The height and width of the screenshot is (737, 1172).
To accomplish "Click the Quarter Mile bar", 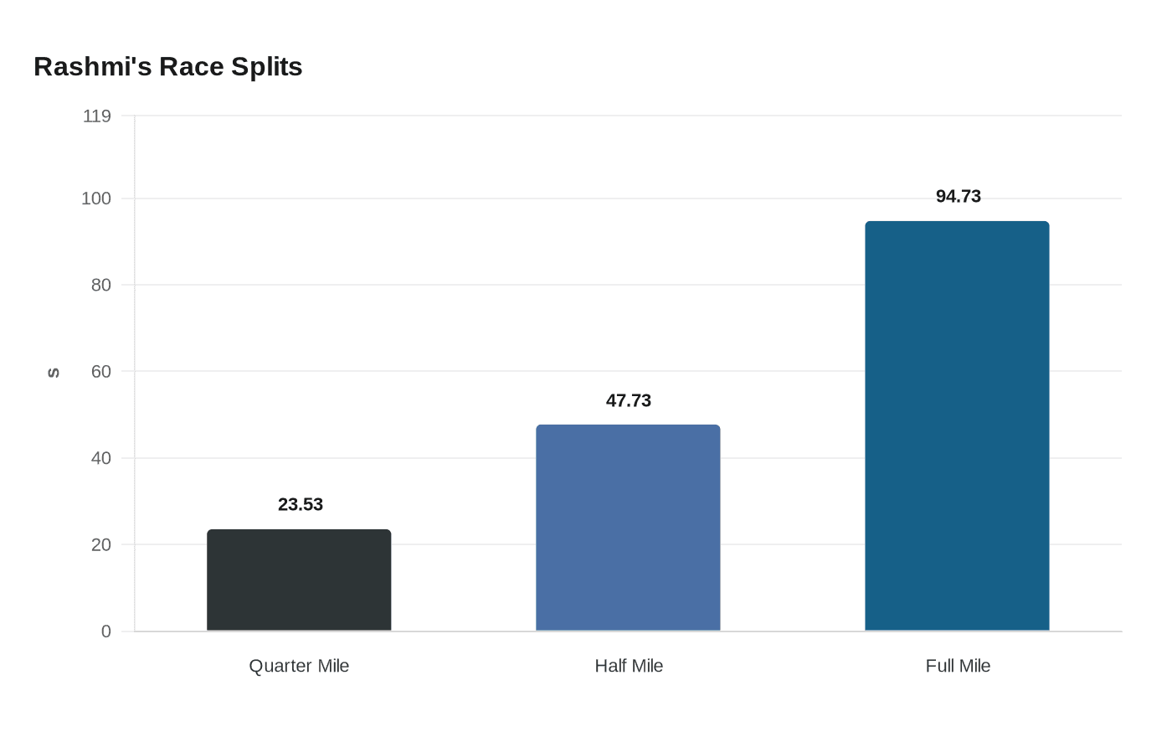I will pyautogui.click(x=299, y=580).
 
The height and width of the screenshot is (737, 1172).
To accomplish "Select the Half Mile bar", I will pyautogui.click(x=628, y=528).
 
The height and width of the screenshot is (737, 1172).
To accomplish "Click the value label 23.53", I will pyautogui.click(x=301, y=504).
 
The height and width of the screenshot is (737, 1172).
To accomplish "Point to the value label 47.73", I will pyautogui.click(x=629, y=400).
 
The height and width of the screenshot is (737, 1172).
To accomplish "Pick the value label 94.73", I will pyautogui.click(x=959, y=196).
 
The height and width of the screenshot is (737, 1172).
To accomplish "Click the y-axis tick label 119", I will pyautogui.click(x=97, y=116).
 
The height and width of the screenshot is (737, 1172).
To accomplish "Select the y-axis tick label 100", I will pyautogui.click(x=96, y=198).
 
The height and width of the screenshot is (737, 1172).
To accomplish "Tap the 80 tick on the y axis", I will pyautogui.click(x=101, y=285).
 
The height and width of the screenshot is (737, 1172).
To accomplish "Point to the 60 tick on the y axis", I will pyautogui.click(x=101, y=371).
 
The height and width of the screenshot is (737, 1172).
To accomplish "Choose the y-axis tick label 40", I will pyautogui.click(x=101, y=458).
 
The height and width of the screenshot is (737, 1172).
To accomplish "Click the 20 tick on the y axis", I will pyautogui.click(x=101, y=544).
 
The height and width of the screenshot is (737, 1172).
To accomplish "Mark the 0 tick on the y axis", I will pyautogui.click(x=106, y=631).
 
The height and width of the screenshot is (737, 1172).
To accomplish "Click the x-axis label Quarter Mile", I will pyautogui.click(x=299, y=666).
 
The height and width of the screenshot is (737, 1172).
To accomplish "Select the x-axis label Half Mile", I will pyautogui.click(x=629, y=666).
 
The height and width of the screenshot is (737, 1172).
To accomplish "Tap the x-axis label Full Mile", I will pyautogui.click(x=958, y=666).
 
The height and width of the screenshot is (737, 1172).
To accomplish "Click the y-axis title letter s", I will pyautogui.click(x=53, y=373).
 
